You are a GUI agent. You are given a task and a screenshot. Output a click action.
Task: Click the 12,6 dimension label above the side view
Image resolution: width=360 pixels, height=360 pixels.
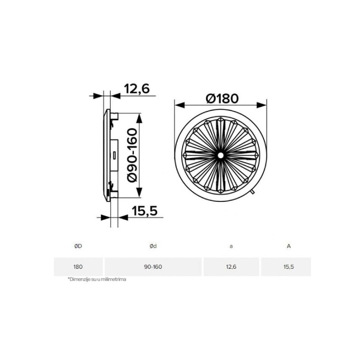click(137, 88)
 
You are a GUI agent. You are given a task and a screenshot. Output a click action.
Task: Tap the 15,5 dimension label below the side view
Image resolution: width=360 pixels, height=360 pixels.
click(145, 211)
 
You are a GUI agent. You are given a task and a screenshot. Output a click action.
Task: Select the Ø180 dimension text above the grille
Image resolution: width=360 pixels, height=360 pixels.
click(222, 98)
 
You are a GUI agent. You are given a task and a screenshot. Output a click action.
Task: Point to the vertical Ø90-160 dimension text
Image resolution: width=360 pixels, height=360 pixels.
click(132, 155)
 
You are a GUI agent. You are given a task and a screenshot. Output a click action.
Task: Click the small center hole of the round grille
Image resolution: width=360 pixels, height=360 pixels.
click(221, 155)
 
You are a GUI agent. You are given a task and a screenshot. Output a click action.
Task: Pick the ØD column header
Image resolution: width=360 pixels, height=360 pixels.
click(78, 246)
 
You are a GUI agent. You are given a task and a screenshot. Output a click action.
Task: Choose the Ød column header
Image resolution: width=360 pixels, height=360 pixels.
click(153, 246)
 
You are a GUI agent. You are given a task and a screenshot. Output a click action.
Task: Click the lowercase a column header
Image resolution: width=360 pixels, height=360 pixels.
click(231, 247)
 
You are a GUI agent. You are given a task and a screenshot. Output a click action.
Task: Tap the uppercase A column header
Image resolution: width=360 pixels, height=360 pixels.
click(289, 246)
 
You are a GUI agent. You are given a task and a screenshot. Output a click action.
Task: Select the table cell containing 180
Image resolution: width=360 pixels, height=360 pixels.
click(78, 267)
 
